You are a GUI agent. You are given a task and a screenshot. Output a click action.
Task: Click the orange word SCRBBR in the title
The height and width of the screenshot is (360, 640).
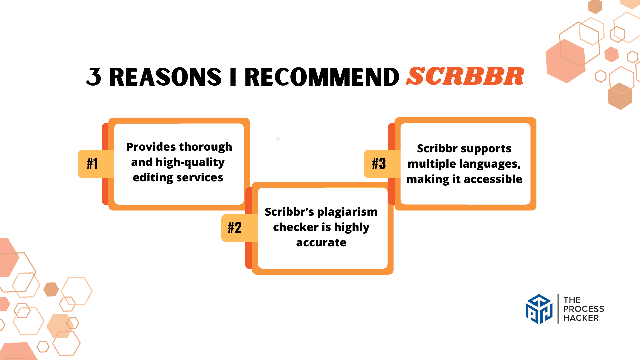pos(465,76)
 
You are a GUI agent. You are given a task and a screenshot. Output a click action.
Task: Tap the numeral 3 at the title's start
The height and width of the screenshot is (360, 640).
pos(94,77)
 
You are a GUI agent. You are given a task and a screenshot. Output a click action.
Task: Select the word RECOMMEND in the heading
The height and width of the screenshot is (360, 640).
pos(322,77)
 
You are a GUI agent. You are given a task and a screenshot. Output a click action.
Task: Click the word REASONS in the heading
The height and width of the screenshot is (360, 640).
pos(165,77)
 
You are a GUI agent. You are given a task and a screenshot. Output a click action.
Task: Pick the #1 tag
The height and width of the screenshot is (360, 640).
pos(92,164)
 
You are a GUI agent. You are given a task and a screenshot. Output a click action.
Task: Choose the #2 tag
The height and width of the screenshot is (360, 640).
pos(235,228)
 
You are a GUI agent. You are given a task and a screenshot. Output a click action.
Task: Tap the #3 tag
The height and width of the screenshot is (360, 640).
pos(379,164)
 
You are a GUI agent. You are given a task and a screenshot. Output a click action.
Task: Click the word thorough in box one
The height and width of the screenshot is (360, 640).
pos(205,147)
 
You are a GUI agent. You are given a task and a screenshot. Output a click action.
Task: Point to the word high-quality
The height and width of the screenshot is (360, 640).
pos(190,162)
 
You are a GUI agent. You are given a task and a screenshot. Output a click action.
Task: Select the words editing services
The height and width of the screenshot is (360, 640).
pos(178,178)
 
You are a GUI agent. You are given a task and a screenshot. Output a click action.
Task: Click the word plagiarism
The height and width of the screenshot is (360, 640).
pos(347,212)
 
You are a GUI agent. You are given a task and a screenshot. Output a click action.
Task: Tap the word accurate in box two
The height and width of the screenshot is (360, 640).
pos(321,243)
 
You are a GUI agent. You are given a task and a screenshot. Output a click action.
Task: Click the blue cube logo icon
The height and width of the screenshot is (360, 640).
pos(539,309)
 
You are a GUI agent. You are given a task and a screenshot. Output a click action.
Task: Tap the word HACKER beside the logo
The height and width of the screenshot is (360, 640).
pos(581,318)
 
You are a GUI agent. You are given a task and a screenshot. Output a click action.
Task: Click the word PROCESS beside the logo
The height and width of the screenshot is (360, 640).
pos(584,309)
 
